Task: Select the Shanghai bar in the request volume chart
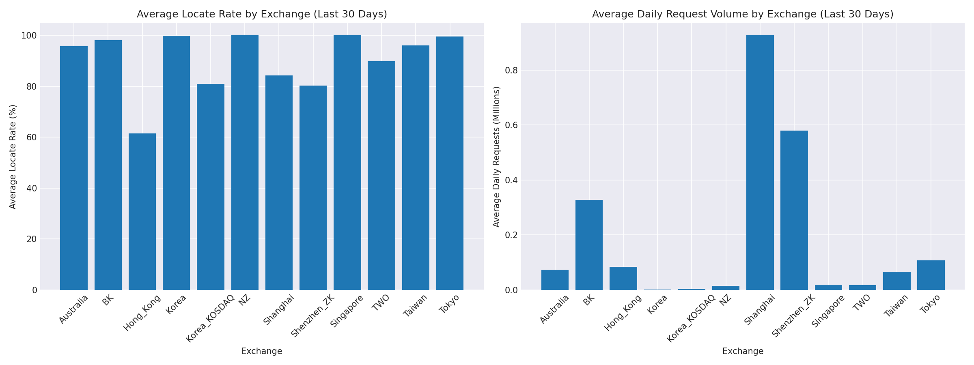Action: tap(760, 162)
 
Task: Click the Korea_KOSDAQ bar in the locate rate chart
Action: tap(210, 187)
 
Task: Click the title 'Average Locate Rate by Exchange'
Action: tap(262, 14)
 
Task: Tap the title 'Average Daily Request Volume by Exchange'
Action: tap(743, 14)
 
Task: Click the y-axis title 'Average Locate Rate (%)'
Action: tap(13, 157)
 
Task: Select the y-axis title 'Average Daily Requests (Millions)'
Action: tap(496, 157)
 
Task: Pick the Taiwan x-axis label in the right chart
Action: tap(896, 305)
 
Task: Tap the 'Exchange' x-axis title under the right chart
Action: tap(743, 351)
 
